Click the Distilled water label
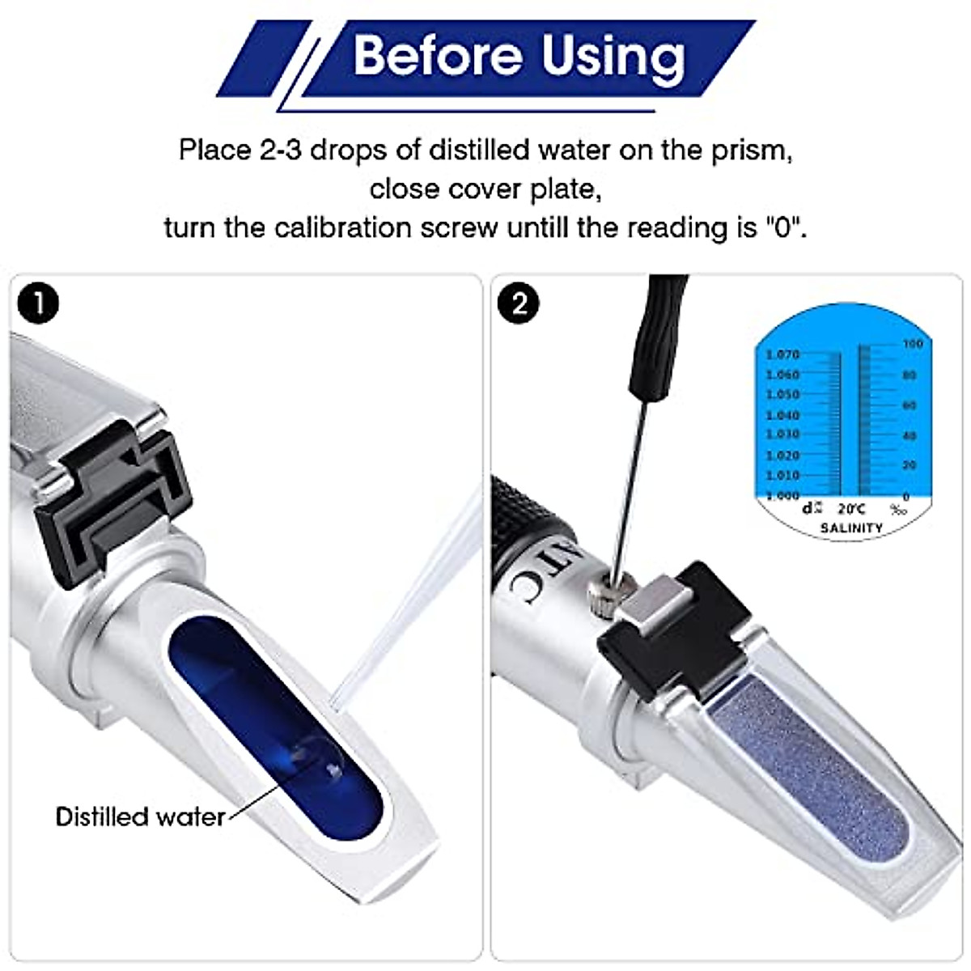(140, 816)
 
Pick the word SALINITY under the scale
(851, 528)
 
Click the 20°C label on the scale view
(851, 509)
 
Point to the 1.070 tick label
(782, 354)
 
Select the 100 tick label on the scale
(912, 345)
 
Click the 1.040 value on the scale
(782, 415)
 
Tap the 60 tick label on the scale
(910, 405)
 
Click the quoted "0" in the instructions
(782, 228)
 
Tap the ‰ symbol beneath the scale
(898, 509)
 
